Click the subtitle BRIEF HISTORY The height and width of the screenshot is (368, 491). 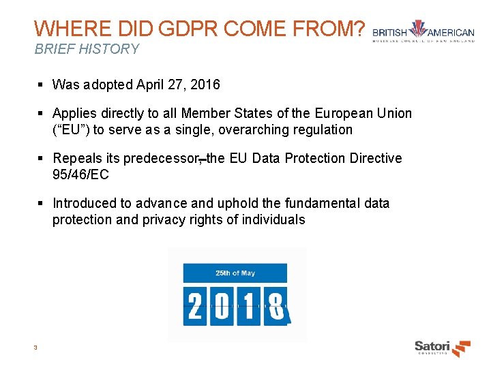tap(87, 49)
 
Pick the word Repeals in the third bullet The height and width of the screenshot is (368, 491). tap(78, 158)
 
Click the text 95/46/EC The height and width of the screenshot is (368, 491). tap(80, 174)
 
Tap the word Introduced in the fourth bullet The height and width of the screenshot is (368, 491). tap(84, 203)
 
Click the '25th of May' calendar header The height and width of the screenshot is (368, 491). tap(235, 273)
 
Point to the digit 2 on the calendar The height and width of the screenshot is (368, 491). tap(195, 306)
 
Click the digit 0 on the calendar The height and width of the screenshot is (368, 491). tap(222, 306)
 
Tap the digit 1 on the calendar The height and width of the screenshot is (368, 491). tap(248, 306)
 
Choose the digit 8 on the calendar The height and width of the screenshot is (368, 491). tap(275, 306)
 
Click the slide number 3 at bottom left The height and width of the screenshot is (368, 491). tap(35, 348)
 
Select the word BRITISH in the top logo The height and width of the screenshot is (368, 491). tap(389, 33)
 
